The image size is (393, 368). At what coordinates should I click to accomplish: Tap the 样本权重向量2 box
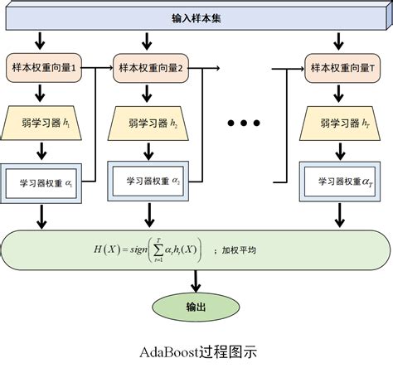tap(149, 68)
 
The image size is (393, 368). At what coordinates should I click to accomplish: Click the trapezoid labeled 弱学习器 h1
tap(41, 123)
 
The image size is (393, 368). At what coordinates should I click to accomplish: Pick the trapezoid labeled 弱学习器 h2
tap(149, 123)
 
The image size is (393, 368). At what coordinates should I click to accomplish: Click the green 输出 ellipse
tap(196, 307)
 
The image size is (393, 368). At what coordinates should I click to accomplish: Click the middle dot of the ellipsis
tap(244, 123)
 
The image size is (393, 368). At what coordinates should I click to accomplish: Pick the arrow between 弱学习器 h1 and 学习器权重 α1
tap(41, 151)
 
